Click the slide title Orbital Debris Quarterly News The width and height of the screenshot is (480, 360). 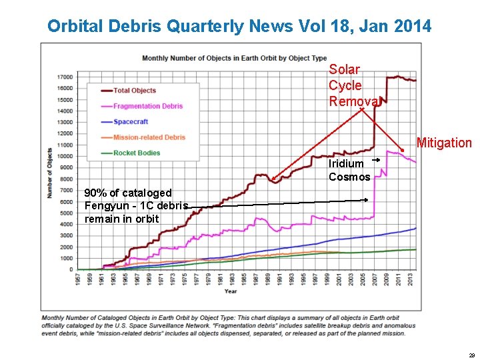pyautogui.click(x=239, y=27)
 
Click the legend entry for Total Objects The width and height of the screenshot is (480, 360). pyautogui.click(x=134, y=91)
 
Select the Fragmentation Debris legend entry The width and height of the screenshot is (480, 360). pyautogui.click(x=147, y=106)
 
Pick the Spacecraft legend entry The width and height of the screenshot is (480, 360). pyautogui.click(x=131, y=122)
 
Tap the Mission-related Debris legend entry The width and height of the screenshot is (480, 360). pyautogui.click(x=149, y=137)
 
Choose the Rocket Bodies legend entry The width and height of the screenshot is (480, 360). pyautogui.click(x=137, y=153)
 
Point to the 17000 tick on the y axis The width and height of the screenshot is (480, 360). pyautogui.click(x=65, y=77)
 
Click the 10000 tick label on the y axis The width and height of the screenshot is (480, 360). pyautogui.click(x=65, y=156)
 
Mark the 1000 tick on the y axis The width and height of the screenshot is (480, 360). pyautogui.click(x=67, y=258)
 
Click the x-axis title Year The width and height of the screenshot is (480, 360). pyautogui.click(x=230, y=291)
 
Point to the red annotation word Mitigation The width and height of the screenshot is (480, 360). pyautogui.click(x=444, y=143)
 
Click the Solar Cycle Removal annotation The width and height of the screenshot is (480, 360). pyautogui.click(x=353, y=85)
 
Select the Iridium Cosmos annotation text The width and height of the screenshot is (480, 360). pyautogui.click(x=349, y=170)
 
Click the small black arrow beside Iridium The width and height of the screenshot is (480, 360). pyautogui.click(x=376, y=161)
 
